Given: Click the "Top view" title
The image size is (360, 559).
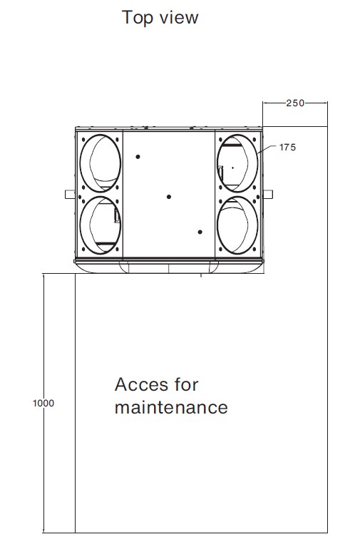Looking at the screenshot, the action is pyautogui.click(x=160, y=18).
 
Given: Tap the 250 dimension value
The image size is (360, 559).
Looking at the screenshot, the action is pyautogui.click(x=295, y=103).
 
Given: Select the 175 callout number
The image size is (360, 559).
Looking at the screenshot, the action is pyautogui.click(x=287, y=147).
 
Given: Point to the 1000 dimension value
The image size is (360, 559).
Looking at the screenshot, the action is pyautogui.click(x=43, y=404).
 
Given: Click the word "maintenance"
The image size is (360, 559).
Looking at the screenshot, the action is pyautogui.click(x=171, y=408).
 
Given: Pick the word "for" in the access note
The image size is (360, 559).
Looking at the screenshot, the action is pyautogui.click(x=186, y=384).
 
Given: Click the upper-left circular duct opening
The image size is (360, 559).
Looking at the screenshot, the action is pyautogui.click(x=80, y=163).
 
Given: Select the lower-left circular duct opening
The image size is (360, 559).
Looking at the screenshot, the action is pyautogui.click(x=80, y=225).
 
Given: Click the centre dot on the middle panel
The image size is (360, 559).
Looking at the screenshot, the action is pyautogui.click(x=169, y=197).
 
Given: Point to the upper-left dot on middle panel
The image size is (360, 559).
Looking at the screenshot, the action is pyautogui.click(x=138, y=157).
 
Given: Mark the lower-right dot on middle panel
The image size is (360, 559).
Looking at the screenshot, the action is pyautogui.click(x=200, y=232).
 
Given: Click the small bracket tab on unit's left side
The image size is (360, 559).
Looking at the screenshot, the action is pyautogui.click(x=70, y=194).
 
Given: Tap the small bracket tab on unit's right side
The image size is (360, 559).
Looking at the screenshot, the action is pyautogui.click(x=268, y=194).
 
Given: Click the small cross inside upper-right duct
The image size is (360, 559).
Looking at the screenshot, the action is pyautogui.click(x=232, y=168).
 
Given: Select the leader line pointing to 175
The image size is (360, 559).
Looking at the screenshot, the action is pyautogui.click(x=267, y=149).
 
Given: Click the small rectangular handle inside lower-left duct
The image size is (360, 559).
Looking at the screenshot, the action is pyautogui.click(x=117, y=215).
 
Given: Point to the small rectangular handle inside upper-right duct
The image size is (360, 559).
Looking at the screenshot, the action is pyautogui.click(x=220, y=173).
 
